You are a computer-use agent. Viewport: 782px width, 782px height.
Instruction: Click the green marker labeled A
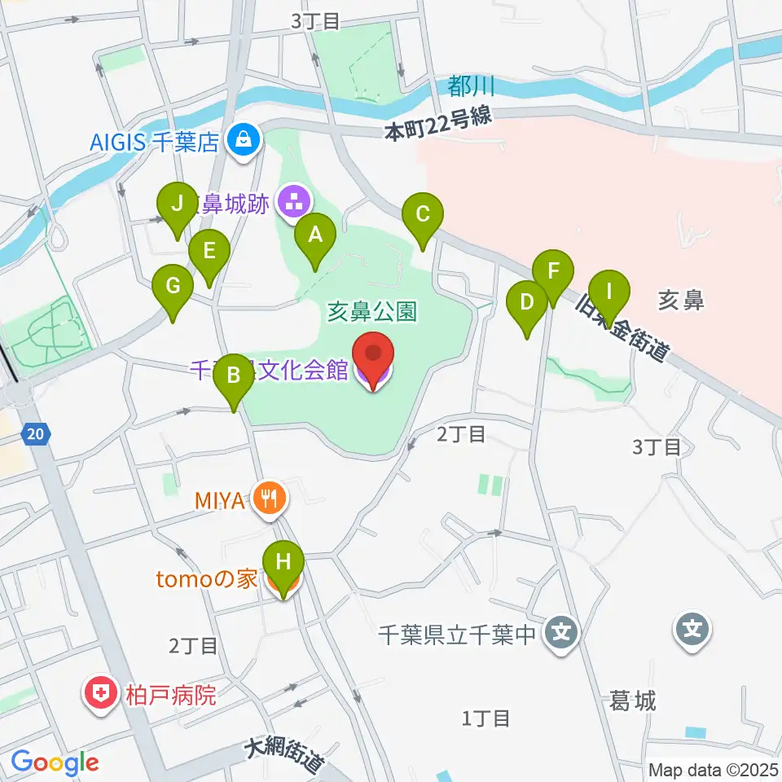pyautogui.click(x=314, y=235)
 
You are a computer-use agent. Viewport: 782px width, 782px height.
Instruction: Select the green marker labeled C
pyautogui.click(x=423, y=215)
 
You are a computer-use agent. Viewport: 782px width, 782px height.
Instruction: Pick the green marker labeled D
pyautogui.click(x=527, y=303)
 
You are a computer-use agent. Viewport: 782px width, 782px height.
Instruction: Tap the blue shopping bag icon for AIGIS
pyautogui.click(x=244, y=140)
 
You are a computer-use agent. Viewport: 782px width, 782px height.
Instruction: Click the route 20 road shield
pyautogui.click(x=35, y=434)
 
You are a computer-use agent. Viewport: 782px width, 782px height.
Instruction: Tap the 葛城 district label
pyautogui.click(x=633, y=699)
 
